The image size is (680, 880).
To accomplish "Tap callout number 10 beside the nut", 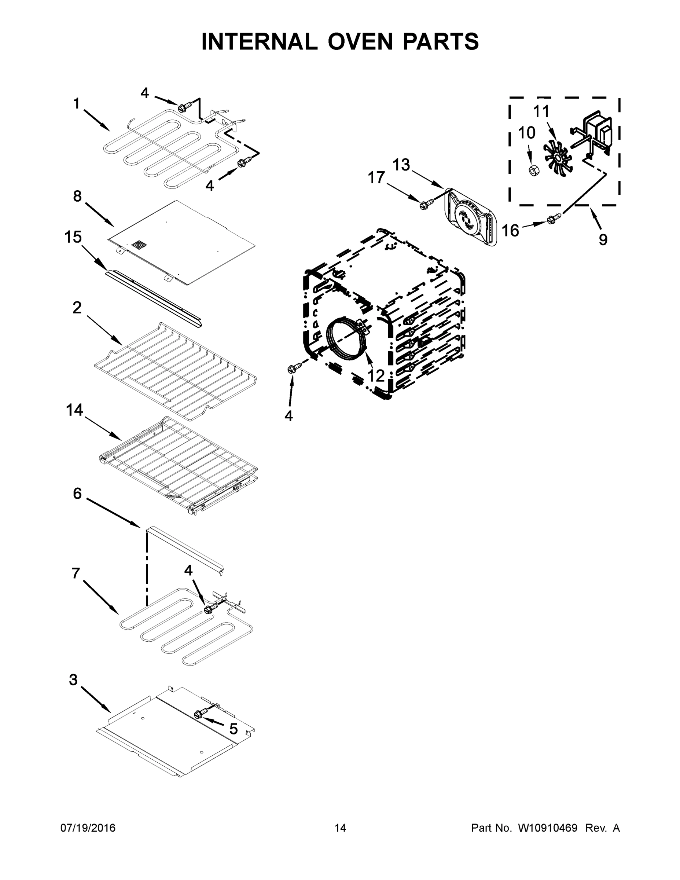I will [x=526, y=133].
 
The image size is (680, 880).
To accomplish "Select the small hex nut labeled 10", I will [x=534, y=171].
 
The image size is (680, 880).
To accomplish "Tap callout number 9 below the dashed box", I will [x=603, y=240].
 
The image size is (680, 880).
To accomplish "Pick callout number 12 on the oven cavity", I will [x=376, y=375].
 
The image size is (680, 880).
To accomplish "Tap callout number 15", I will [x=73, y=237].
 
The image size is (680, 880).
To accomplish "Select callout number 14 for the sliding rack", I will [x=74, y=410].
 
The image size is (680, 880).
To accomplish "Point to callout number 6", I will [x=77, y=493].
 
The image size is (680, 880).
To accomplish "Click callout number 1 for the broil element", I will [x=76, y=104].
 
